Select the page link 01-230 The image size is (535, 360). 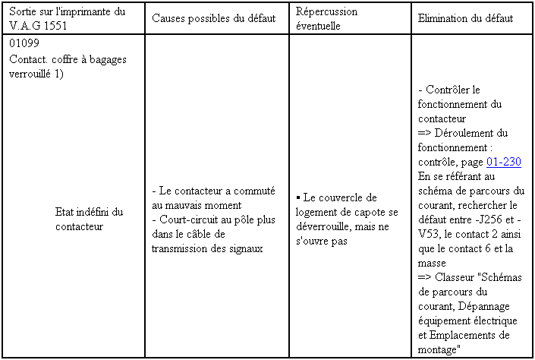pyautogui.click(x=503, y=163)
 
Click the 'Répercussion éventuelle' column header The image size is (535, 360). pyautogui.click(x=326, y=18)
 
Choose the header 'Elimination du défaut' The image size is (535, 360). pyautogui.click(x=465, y=18)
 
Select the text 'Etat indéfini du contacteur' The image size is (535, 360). pyautogui.click(x=89, y=219)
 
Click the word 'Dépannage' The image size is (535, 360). pyautogui.click(x=477, y=306)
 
